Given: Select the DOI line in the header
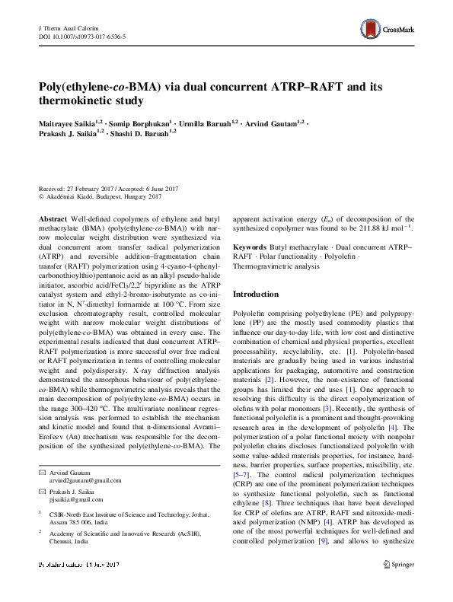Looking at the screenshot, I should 81,36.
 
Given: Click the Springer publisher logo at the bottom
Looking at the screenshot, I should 399,586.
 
